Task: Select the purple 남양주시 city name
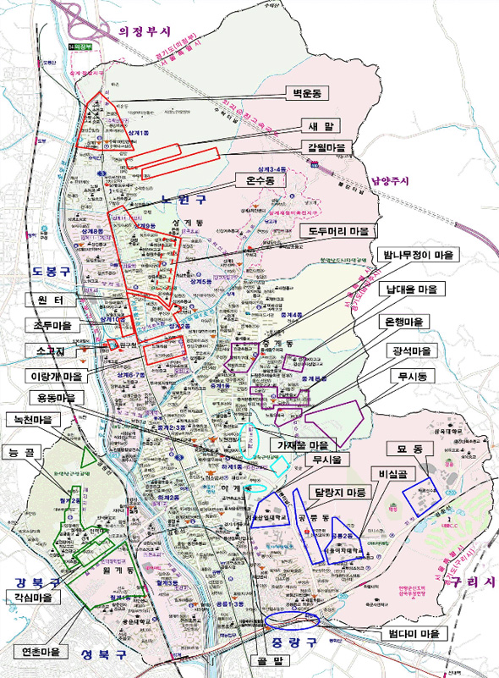point(389,180)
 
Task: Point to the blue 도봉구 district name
point(49,271)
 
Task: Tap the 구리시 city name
point(468,582)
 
